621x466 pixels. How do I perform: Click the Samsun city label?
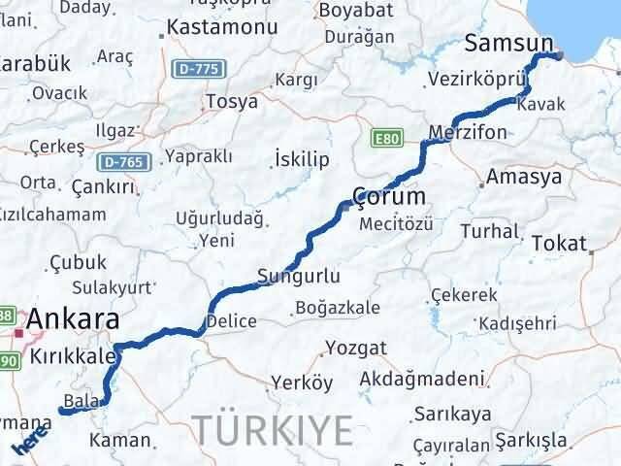click(x=508, y=44)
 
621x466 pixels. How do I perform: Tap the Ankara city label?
click(x=74, y=318)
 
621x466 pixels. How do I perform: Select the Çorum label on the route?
click(x=388, y=196)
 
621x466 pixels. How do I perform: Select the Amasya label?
click(x=525, y=178)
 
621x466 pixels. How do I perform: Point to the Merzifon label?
click(x=468, y=131)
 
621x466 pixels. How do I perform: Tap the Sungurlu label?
click(x=299, y=277)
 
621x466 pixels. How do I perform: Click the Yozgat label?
click(x=356, y=348)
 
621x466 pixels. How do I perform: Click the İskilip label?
click(x=302, y=158)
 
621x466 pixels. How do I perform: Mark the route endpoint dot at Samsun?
click(x=557, y=55)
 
